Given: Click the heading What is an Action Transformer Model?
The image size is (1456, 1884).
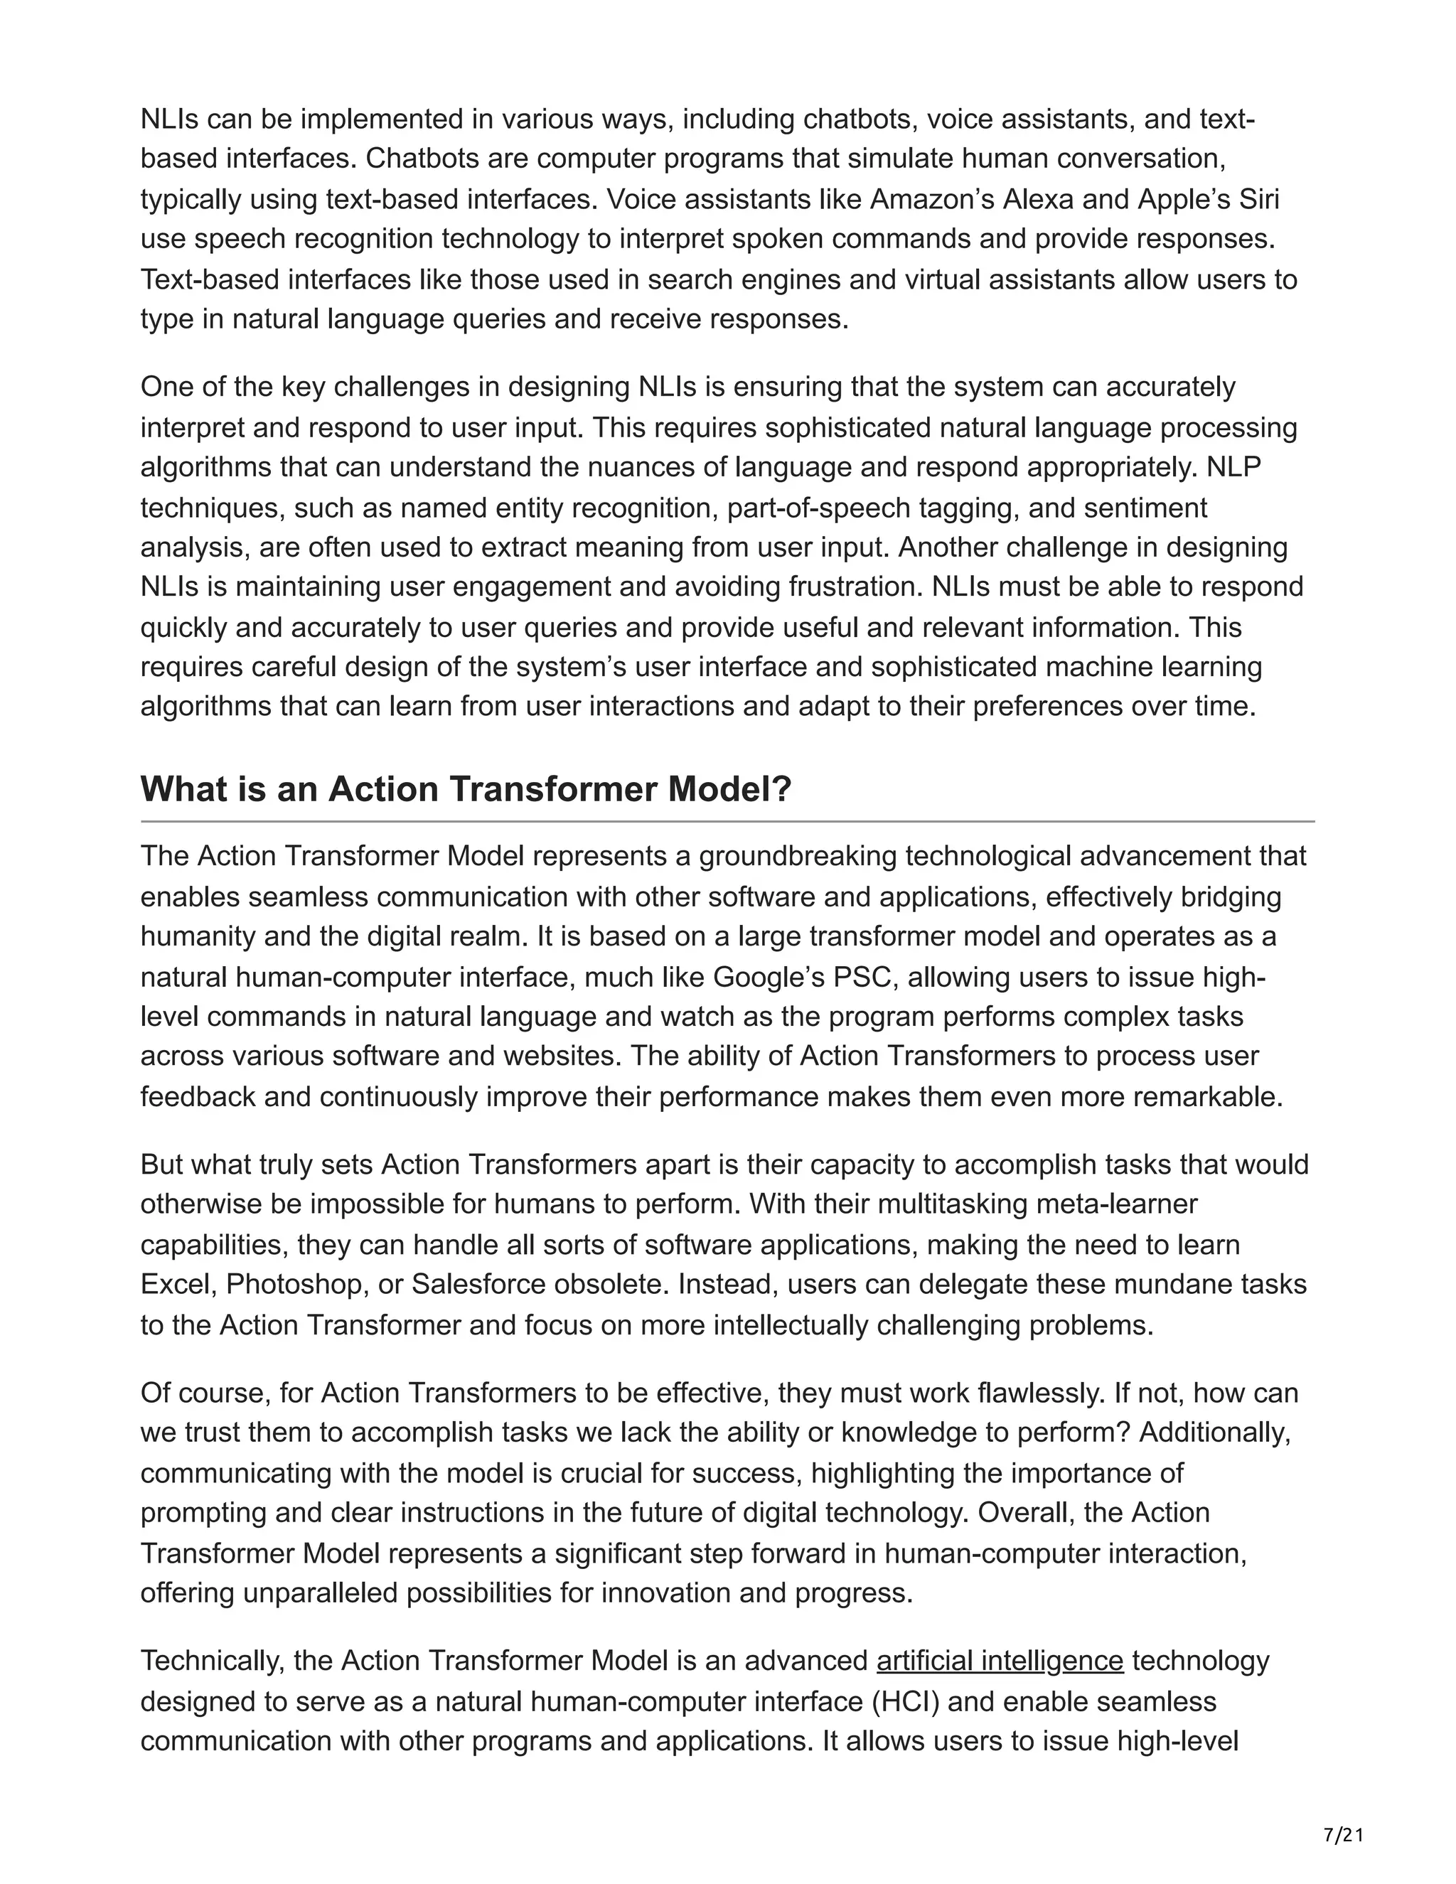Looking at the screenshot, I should (x=465, y=789).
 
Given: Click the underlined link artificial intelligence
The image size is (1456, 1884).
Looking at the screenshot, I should (x=999, y=1661).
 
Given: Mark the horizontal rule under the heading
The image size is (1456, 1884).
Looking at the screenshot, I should (x=727, y=821).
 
